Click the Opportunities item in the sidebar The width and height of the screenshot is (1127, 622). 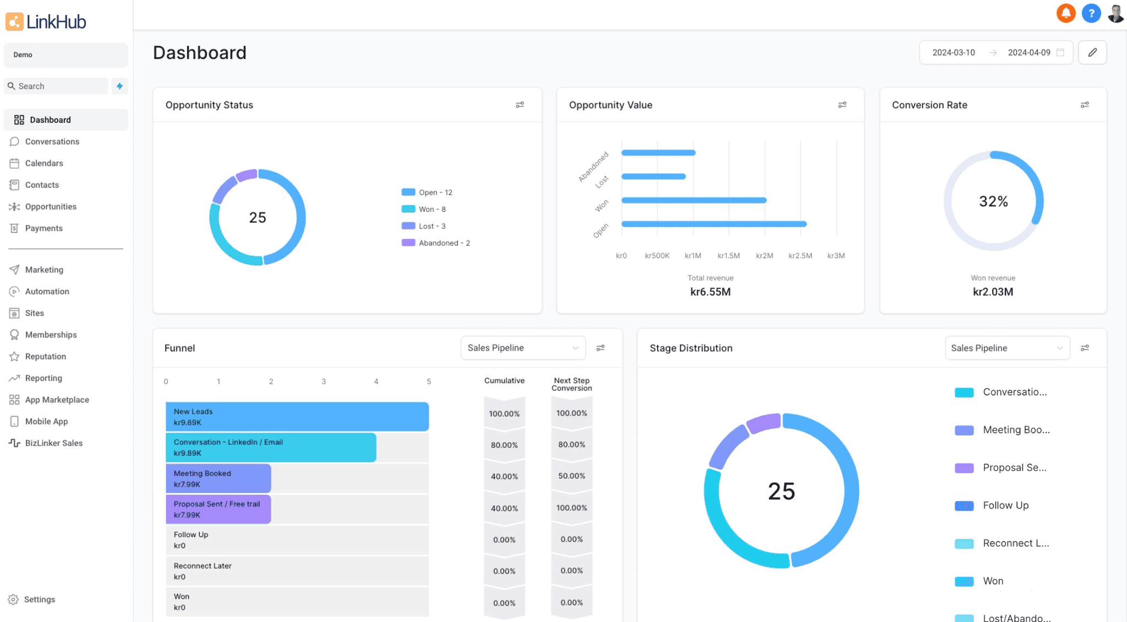(51, 206)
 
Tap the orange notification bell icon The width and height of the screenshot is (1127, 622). (1066, 13)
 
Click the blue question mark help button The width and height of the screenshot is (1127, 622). (1091, 13)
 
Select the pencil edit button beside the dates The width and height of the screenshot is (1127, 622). (1092, 52)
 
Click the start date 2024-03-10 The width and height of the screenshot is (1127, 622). (954, 52)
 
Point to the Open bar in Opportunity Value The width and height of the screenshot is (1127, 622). (714, 224)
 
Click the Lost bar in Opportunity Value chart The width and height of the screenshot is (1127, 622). (653, 177)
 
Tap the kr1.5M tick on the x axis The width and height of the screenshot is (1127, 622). (729, 255)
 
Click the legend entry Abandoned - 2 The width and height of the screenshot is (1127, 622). (436, 243)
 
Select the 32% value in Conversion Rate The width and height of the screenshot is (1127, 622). (993, 201)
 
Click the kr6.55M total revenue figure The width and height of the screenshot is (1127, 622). (710, 292)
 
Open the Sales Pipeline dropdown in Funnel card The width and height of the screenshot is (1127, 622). (523, 348)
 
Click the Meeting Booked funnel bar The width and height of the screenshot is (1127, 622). (218, 478)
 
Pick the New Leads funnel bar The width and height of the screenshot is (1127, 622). (297, 417)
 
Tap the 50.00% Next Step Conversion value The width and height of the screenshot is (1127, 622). (572, 476)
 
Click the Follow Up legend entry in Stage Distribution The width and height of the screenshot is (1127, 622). (992, 505)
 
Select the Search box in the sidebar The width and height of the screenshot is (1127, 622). (57, 86)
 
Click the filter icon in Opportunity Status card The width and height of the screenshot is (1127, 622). (519, 105)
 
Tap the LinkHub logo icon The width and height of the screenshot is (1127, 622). (14, 21)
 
